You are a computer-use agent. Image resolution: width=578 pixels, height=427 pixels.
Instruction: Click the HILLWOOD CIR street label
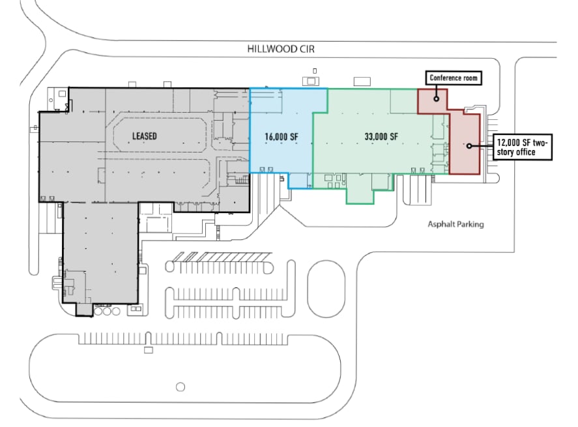pos(281,49)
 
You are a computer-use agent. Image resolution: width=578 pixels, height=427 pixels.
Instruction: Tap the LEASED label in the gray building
pos(145,136)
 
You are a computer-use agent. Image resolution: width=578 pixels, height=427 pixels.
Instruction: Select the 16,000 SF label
pos(282,137)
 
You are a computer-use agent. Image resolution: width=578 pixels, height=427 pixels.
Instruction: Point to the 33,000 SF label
pos(381,136)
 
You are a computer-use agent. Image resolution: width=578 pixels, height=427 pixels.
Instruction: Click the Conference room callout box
pos(454,78)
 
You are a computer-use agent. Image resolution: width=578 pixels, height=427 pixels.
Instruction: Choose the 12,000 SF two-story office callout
pos(523,147)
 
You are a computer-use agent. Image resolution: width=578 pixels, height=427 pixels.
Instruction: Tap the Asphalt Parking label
pos(455,224)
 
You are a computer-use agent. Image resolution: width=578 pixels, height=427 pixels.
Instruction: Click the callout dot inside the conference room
pos(436,98)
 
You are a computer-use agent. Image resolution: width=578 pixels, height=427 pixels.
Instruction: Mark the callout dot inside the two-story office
pos(469,146)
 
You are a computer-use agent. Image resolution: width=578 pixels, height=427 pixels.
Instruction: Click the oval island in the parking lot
pos(326,289)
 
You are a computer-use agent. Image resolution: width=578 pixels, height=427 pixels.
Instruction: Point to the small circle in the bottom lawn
pos(181,387)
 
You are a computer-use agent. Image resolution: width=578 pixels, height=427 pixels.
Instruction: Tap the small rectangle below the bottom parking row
pos(148,350)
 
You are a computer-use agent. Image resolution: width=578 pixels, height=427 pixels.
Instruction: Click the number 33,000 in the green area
pos(374,136)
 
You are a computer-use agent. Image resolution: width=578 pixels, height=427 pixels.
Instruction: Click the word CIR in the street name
pos(307,49)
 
